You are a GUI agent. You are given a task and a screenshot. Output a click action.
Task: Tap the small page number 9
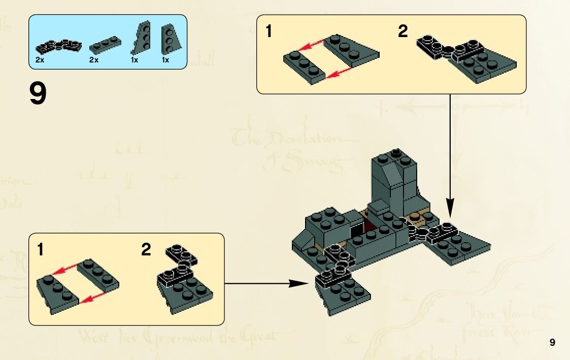[x=552, y=342]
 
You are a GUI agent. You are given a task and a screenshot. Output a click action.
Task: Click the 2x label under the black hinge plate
[x=40, y=60]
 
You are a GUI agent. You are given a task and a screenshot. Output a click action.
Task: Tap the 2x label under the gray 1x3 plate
[x=93, y=60]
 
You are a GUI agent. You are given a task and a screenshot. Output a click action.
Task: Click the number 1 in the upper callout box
[x=269, y=32]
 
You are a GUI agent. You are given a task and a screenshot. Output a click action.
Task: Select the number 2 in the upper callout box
[x=403, y=32]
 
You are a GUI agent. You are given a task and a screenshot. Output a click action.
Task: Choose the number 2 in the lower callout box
[x=146, y=250]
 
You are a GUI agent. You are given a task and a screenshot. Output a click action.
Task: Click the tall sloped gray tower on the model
[x=393, y=180]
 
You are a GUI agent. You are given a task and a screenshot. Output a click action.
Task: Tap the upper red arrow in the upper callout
[x=311, y=46]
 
